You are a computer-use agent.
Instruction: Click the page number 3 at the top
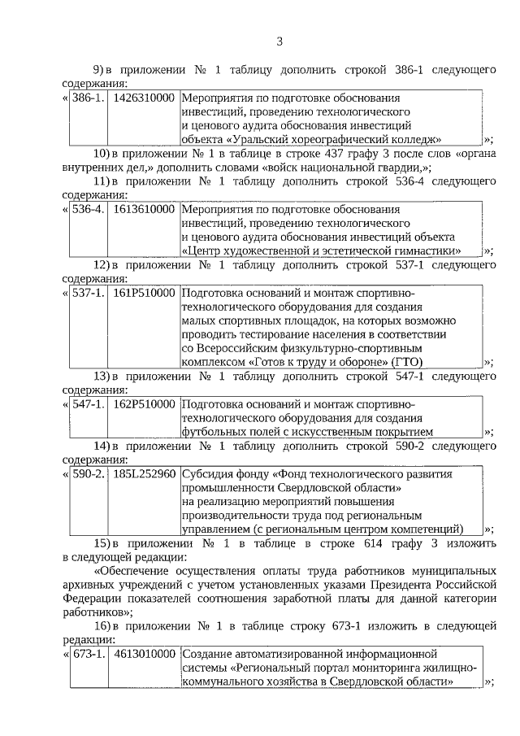tap(279, 41)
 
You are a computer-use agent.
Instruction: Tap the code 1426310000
tap(144, 98)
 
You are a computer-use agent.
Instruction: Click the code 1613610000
tap(144, 209)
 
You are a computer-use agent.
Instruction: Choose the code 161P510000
tap(144, 293)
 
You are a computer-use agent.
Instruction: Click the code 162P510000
tap(144, 404)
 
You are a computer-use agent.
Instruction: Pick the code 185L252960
tap(144, 474)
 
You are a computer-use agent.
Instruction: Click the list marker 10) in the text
tap(101, 154)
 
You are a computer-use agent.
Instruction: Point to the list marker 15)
tap(101, 543)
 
